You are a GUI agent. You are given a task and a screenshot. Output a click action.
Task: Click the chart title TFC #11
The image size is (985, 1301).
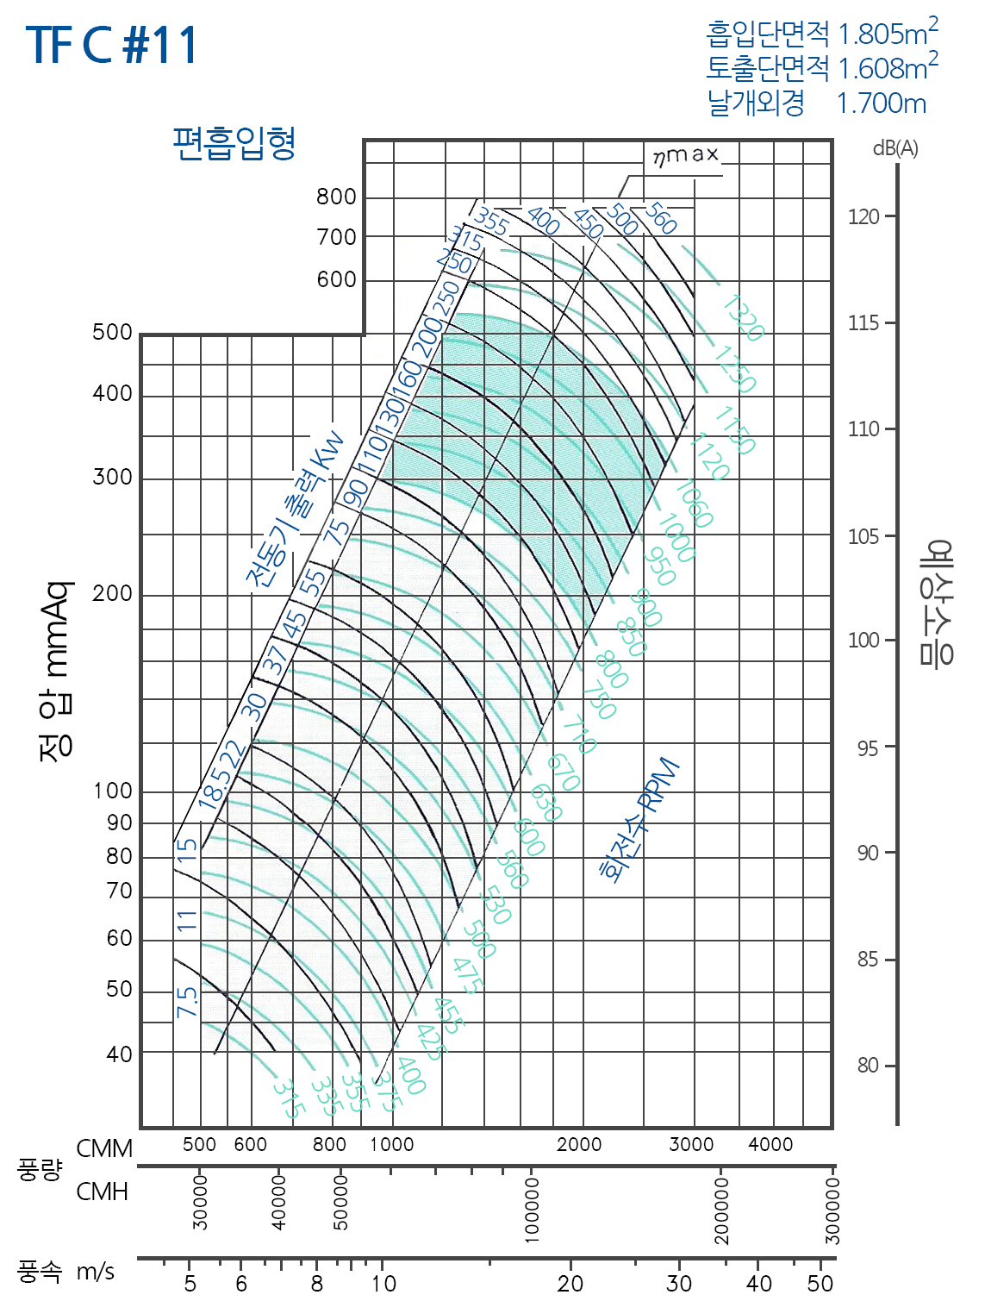112,45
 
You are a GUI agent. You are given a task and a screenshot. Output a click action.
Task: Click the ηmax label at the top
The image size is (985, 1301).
685,155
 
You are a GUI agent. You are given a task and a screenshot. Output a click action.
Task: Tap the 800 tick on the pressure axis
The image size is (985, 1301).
336,197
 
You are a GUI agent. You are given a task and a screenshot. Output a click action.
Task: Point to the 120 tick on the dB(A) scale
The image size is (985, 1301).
863,216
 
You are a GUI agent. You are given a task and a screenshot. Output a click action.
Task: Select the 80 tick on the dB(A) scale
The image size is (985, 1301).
868,1066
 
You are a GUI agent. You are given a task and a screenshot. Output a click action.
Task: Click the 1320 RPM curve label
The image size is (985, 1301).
743,317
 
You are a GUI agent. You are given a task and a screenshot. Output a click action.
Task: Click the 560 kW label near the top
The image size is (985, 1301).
661,217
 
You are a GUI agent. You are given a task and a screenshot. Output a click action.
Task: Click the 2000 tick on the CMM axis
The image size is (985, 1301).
579,1144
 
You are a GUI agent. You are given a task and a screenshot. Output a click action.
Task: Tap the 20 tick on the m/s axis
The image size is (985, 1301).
570,1283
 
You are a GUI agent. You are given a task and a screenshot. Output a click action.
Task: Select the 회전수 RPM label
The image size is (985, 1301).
640,821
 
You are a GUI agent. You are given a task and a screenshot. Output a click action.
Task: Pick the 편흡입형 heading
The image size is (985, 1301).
234,143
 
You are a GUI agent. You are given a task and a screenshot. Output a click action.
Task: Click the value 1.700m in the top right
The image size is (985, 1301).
881,103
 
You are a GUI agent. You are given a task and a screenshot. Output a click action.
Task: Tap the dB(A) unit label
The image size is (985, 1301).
895,148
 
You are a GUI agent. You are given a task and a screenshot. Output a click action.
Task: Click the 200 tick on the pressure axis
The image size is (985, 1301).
112,594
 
